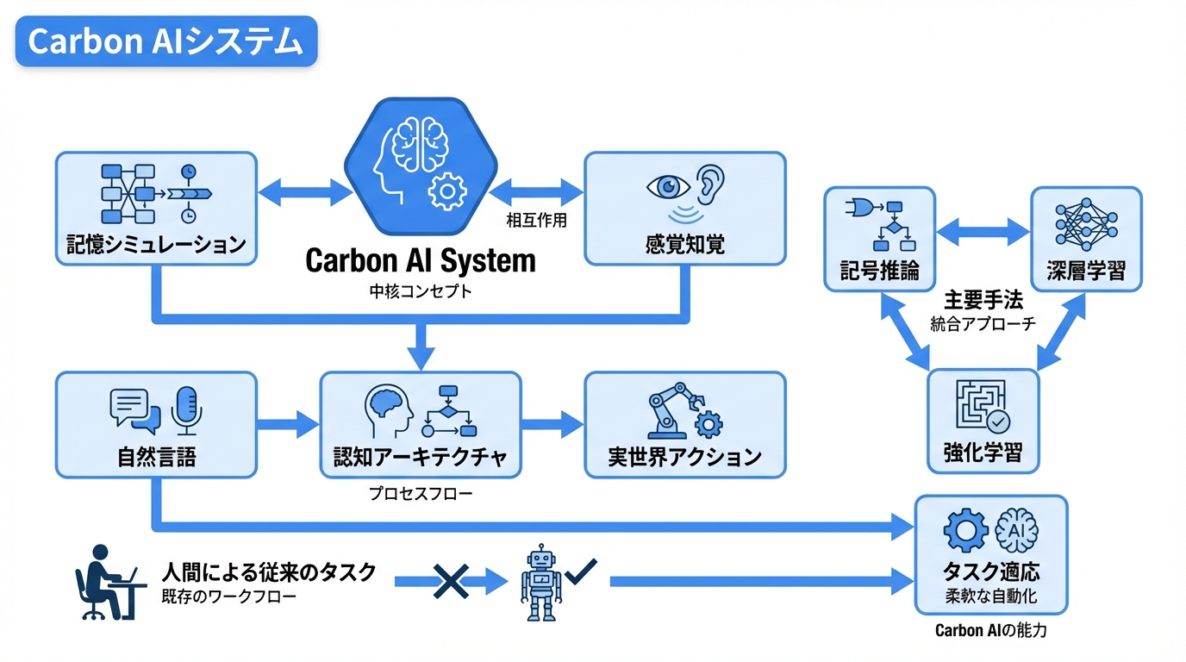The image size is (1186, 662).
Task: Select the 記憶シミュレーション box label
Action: (156, 245)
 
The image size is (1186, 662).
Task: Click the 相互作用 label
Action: (536, 221)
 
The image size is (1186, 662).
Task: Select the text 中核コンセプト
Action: (421, 291)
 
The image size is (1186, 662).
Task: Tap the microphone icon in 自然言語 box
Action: (186, 408)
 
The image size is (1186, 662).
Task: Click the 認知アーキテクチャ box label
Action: (421, 456)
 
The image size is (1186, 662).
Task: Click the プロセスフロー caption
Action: (421, 495)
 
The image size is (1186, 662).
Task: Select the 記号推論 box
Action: (879, 239)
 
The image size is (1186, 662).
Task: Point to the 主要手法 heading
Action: (983, 301)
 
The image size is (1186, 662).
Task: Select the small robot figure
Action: (540, 583)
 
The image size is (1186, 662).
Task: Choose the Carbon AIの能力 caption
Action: (990, 631)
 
